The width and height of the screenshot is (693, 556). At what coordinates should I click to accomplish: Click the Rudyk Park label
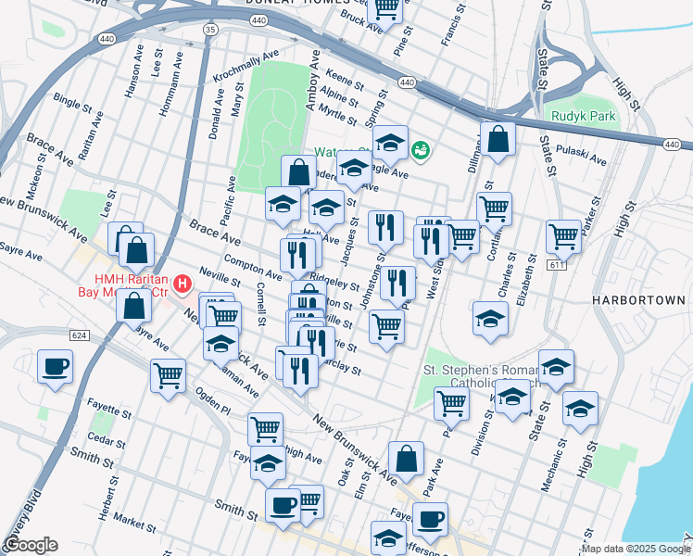tap(584, 116)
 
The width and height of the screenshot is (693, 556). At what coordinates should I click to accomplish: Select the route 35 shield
tap(210, 30)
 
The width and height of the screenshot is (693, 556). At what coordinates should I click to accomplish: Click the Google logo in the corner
tap(31, 545)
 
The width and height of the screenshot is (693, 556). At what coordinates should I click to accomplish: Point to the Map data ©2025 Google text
tap(636, 549)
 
